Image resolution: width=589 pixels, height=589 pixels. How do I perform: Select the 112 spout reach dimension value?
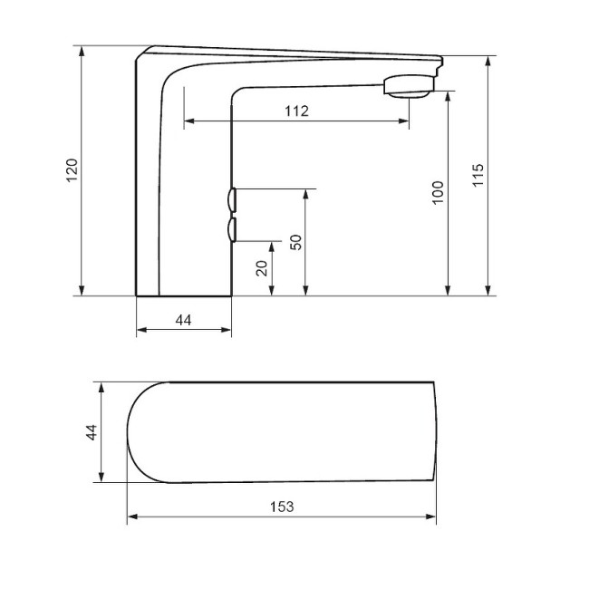(x=296, y=111)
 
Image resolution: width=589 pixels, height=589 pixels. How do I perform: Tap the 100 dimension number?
(x=438, y=193)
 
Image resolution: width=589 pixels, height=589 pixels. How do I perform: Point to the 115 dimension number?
(x=478, y=175)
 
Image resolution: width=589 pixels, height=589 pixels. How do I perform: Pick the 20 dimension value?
(x=262, y=268)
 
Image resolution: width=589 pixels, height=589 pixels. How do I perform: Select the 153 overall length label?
(x=282, y=507)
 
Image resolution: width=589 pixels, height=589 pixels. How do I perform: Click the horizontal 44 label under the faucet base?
(x=183, y=320)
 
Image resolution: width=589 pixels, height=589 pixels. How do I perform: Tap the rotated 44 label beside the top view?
(x=91, y=432)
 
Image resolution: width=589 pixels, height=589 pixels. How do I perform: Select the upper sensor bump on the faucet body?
(x=232, y=198)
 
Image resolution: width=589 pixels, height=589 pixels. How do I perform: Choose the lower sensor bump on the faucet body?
(x=232, y=230)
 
